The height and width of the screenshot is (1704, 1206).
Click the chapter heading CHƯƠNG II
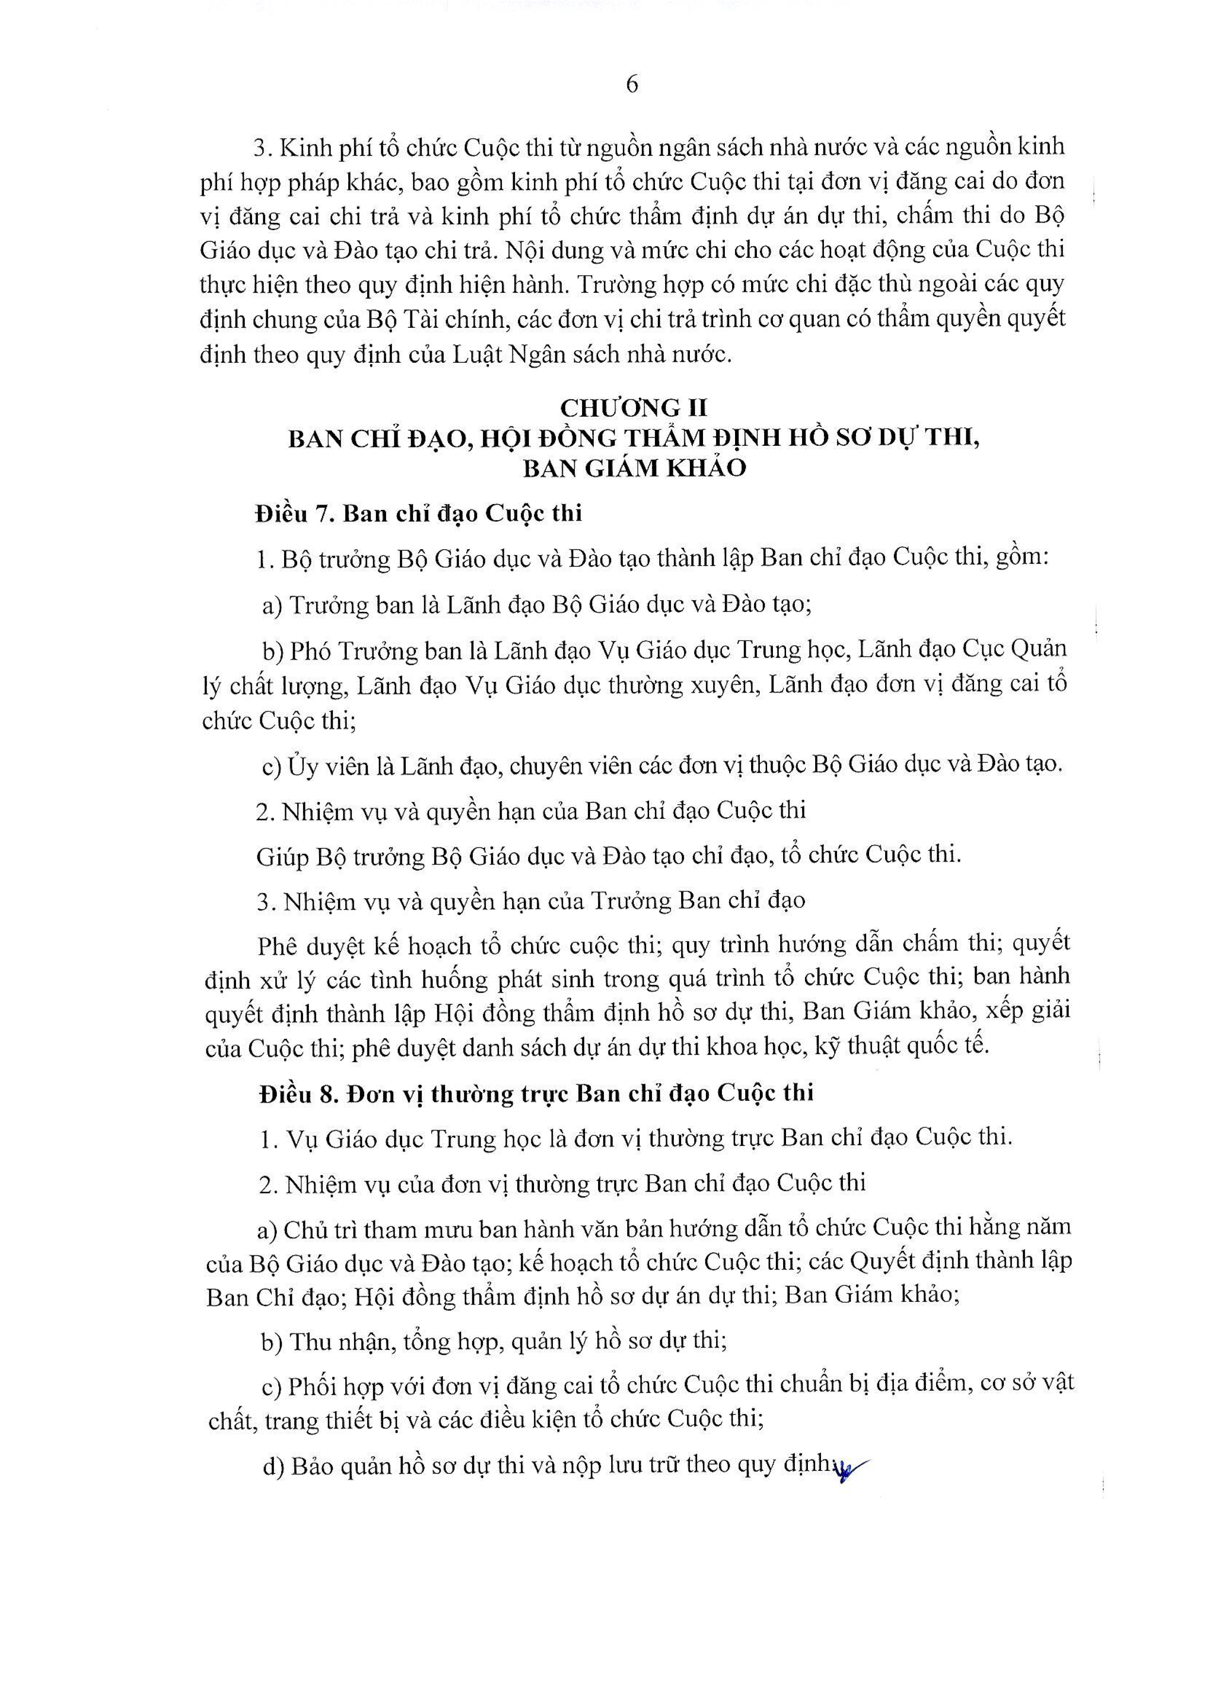(634, 408)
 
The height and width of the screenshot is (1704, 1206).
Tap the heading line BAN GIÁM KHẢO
(634, 468)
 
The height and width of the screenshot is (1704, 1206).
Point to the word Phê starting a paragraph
(278, 945)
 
